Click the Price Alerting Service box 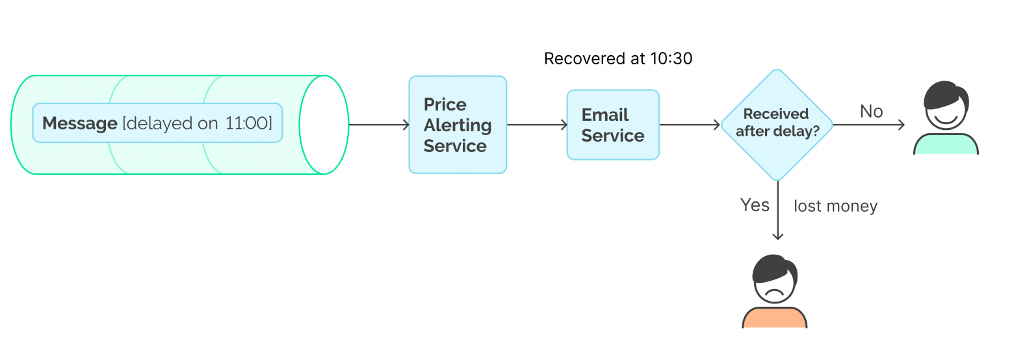point(457,125)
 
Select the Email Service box point(613,125)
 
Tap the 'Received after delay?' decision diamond point(777,124)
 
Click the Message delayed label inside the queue point(157,123)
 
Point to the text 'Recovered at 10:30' point(617,58)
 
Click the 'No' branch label point(871,111)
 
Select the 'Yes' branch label point(755,205)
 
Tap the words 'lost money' point(835,207)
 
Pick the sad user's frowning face point(774,283)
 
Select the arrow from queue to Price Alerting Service point(378,125)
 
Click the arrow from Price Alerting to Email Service point(536,125)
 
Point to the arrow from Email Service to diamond point(689,125)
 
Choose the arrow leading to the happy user point(868,125)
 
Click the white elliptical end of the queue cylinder point(324,125)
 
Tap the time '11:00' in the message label point(247,123)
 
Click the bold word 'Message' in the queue point(79,123)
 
